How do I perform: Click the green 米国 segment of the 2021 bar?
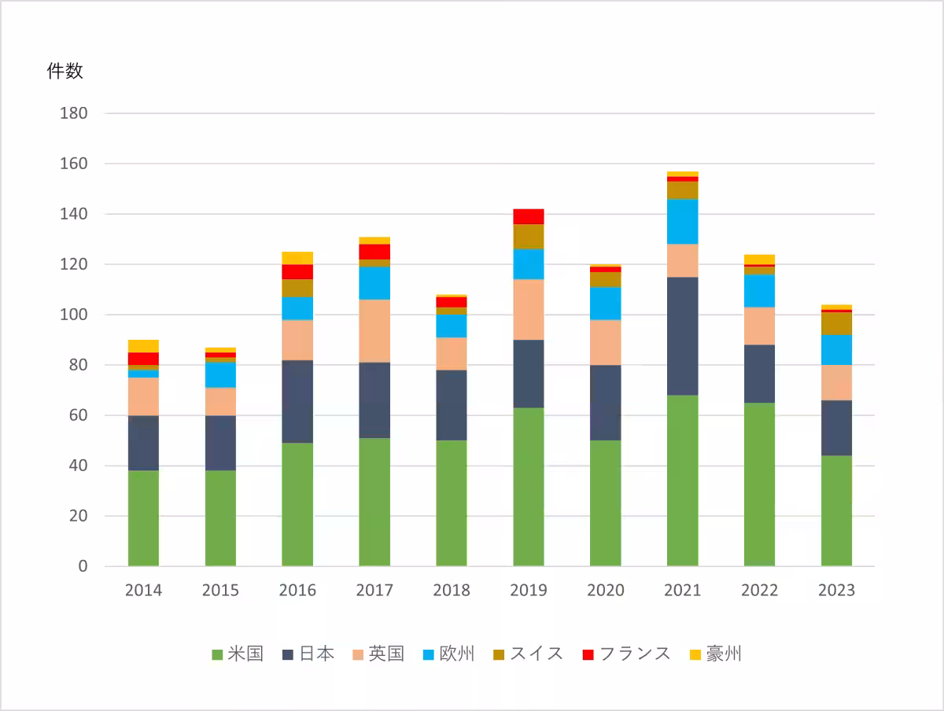coord(682,480)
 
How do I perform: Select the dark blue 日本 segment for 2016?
coord(297,401)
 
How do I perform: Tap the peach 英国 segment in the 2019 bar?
coord(529,309)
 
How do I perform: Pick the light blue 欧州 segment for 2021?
coord(682,221)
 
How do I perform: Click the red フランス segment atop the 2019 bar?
coord(529,216)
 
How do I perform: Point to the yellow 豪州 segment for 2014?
coord(143,346)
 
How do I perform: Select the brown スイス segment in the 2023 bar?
coord(836,323)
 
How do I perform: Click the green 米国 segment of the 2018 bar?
coord(452,503)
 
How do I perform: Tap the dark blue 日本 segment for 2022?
coord(759,374)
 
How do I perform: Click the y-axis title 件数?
coord(65,71)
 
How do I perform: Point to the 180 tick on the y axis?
coord(73,113)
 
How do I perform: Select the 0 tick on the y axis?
coord(83,566)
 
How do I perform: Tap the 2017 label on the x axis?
coord(374,591)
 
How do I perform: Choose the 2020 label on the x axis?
coord(606,591)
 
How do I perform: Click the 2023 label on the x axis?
coord(836,591)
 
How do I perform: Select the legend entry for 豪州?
coord(716,654)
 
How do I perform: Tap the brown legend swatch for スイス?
coord(499,654)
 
